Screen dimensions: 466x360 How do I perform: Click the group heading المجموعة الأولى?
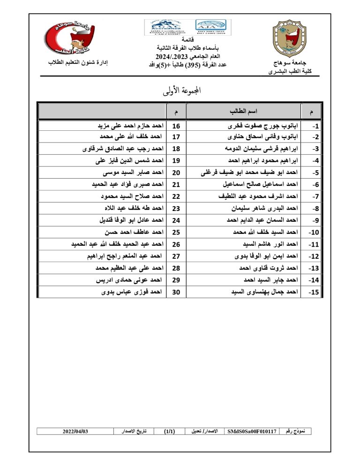pyautogui.click(x=180, y=91)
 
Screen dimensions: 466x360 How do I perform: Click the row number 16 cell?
pyautogui.click(x=177, y=126)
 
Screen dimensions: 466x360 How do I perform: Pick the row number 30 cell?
pyautogui.click(x=177, y=292)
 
